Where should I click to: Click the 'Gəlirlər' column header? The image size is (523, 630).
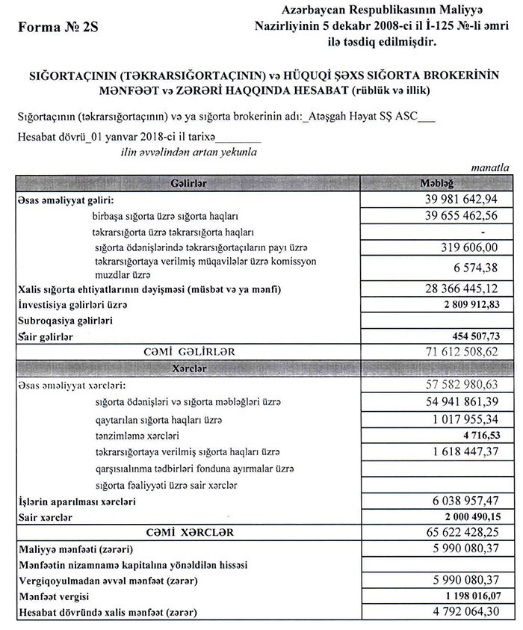click(188, 184)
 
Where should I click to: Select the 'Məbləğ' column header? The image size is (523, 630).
click(437, 184)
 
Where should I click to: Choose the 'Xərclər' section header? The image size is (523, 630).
click(188, 369)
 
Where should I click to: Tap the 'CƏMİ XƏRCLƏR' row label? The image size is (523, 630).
click(188, 533)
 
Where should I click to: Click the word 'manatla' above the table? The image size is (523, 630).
click(490, 169)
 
